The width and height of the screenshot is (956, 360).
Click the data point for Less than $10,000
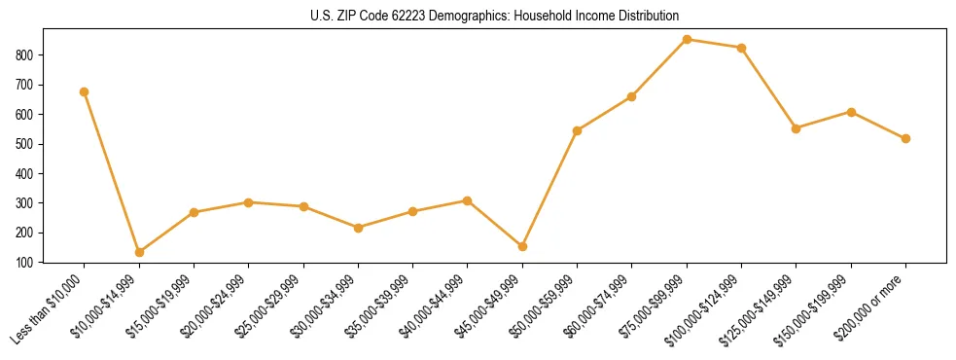pyautogui.click(x=85, y=91)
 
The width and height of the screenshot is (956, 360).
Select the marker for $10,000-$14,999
pyautogui.click(x=139, y=252)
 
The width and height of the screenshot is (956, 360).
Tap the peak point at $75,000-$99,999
pyautogui.click(x=688, y=39)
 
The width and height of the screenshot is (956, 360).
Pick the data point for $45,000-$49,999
pyautogui.click(x=522, y=246)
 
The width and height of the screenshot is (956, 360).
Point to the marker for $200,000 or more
pyautogui.click(x=906, y=138)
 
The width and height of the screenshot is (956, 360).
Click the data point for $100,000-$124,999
pyautogui.click(x=742, y=48)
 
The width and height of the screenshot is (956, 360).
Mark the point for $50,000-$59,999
pyautogui.click(x=578, y=130)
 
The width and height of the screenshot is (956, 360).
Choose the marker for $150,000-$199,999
pyautogui.click(x=852, y=112)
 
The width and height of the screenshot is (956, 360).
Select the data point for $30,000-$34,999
pyautogui.click(x=359, y=228)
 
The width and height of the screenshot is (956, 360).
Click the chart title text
pyautogui.click(x=477, y=16)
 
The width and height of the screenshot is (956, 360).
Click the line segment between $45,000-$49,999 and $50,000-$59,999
pyautogui.click(x=549, y=189)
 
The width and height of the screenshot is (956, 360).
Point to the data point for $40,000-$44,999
pyautogui.click(x=468, y=200)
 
